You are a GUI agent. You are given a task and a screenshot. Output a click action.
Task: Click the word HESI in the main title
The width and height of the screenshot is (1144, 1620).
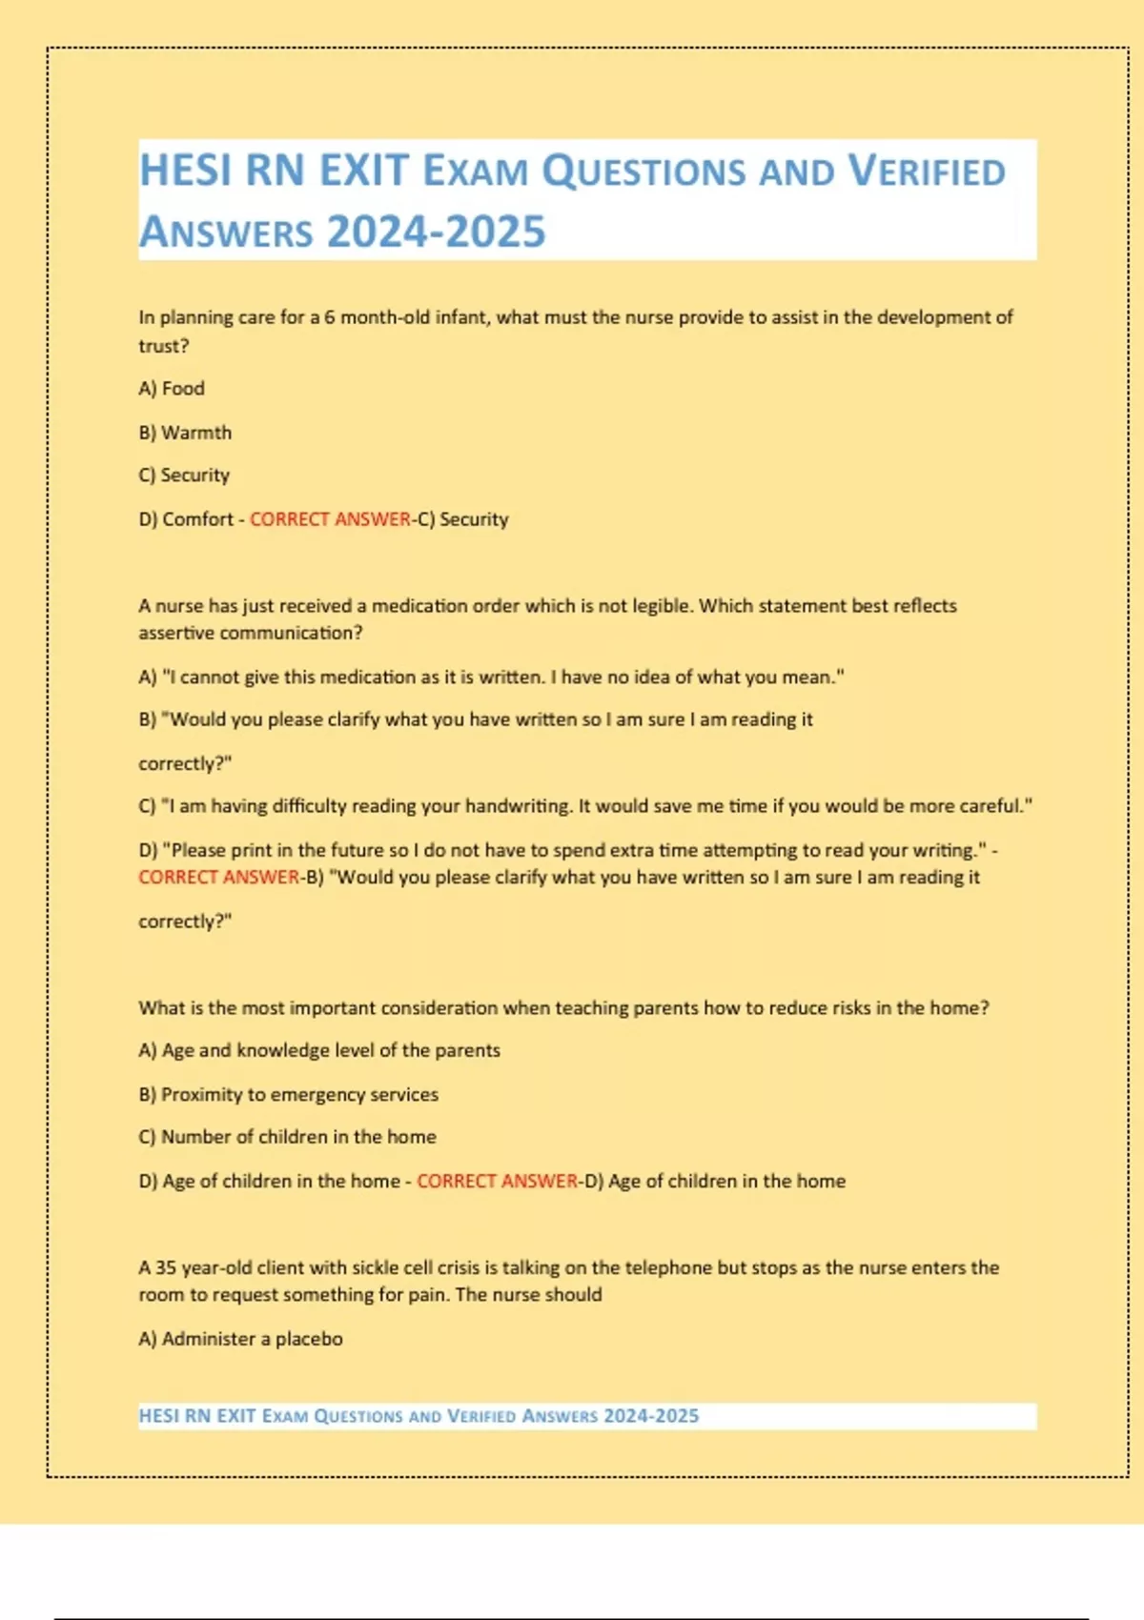pos(188,172)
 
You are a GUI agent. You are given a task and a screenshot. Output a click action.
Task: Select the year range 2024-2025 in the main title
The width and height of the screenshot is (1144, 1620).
pos(437,233)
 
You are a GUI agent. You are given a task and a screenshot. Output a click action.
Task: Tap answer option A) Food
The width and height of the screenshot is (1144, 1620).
pos(172,389)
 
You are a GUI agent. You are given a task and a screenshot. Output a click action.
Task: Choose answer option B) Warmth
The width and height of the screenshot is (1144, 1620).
pos(185,433)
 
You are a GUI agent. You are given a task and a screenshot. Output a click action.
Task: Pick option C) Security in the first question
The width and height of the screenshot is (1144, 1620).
pos(184,476)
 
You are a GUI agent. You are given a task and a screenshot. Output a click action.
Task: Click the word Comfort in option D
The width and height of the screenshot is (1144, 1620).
pos(197,519)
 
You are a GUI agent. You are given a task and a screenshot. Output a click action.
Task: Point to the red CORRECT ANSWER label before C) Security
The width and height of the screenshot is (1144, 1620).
pos(330,519)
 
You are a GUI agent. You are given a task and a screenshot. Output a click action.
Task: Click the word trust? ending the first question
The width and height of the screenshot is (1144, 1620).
pos(163,346)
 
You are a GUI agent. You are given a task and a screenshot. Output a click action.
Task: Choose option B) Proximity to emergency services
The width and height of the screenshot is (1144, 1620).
pos(289,1095)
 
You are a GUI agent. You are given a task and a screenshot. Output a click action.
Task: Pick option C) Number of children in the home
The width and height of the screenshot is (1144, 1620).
pos(287,1137)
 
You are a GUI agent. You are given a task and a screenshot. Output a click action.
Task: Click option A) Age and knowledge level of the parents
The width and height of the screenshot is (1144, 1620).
pos(319,1051)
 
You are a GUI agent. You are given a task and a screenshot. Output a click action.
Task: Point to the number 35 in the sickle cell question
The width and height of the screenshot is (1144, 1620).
pos(166,1268)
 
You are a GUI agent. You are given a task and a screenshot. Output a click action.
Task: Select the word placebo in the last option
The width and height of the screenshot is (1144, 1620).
pos(309,1339)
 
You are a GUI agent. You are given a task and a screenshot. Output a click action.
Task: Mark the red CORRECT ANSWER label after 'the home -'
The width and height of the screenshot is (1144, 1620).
pos(497,1182)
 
